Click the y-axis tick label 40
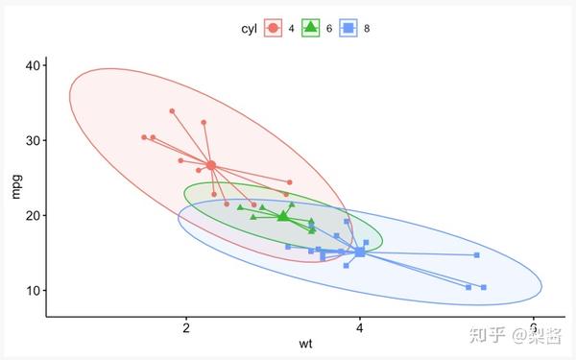pyautogui.click(x=33, y=65)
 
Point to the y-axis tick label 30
pyautogui.click(x=33, y=140)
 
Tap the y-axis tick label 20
pyautogui.click(x=33, y=215)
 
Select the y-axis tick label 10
pyautogui.click(x=33, y=290)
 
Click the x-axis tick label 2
pyautogui.click(x=185, y=326)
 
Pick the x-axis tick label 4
pyautogui.click(x=359, y=326)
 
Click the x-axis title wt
pyautogui.click(x=305, y=344)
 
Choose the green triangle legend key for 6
pyautogui.click(x=311, y=29)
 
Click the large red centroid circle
pyautogui.click(x=211, y=165)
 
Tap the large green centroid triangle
pyautogui.click(x=282, y=216)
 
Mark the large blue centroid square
pyautogui.click(x=360, y=252)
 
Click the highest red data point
pyautogui.click(x=172, y=111)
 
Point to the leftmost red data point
pyautogui.click(x=144, y=137)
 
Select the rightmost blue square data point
pyautogui.click(x=484, y=287)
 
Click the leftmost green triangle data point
pyautogui.click(x=240, y=206)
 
